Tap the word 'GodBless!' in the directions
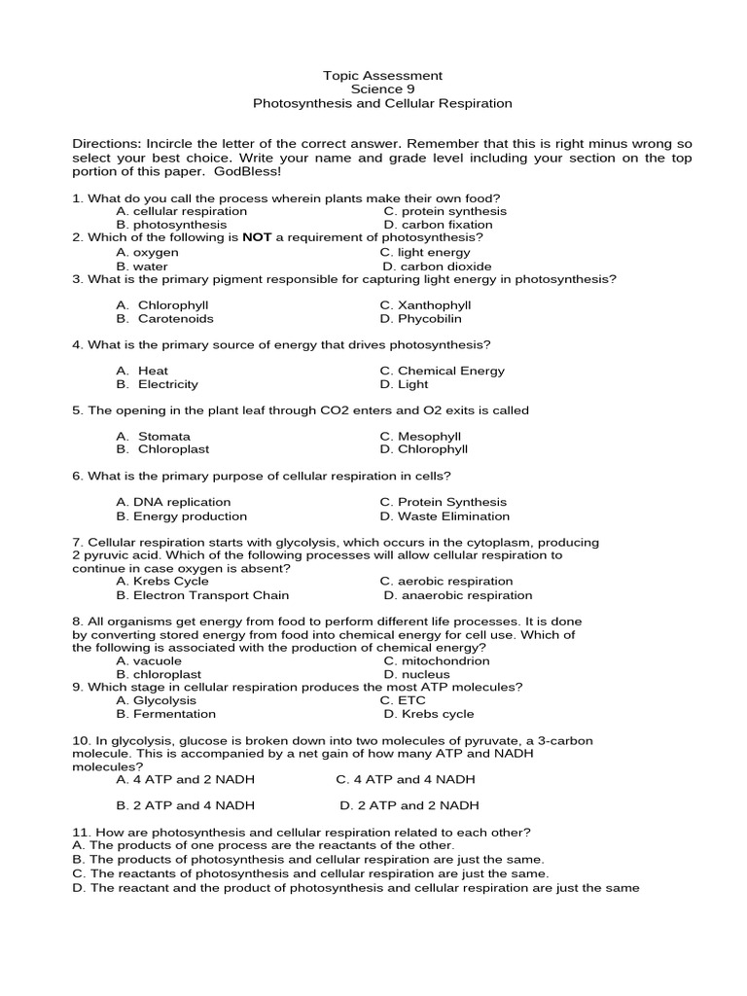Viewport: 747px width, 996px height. click(x=247, y=171)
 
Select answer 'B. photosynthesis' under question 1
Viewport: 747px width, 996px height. click(x=171, y=225)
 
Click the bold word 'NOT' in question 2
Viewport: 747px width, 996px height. click(x=256, y=237)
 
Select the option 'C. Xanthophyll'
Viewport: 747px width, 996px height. click(x=425, y=304)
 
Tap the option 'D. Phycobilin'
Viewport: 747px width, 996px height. click(x=420, y=318)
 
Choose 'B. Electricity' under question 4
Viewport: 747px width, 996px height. click(x=157, y=384)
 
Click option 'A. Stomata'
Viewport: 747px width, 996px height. click(x=153, y=437)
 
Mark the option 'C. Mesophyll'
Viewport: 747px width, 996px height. click(x=420, y=437)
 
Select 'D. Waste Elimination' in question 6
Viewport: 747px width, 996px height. click(x=445, y=516)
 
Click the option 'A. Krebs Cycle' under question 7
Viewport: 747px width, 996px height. click(x=162, y=582)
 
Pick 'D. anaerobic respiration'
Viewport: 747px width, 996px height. click(x=457, y=595)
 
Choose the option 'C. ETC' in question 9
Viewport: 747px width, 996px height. click(x=402, y=700)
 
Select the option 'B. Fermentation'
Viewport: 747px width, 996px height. click(x=166, y=714)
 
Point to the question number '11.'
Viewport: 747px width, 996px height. click(x=81, y=833)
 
